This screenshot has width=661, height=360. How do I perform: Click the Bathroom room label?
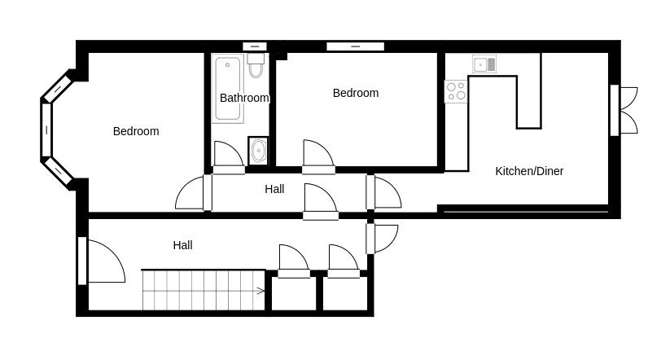pyautogui.click(x=244, y=98)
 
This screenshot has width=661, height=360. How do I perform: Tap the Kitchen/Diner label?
pyautogui.click(x=529, y=171)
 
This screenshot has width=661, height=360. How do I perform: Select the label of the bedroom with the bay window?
pyautogui.click(x=136, y=131)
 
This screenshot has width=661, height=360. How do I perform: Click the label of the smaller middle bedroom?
pyautogui.click(x=356, y=93)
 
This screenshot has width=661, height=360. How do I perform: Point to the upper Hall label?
pyautogui.click(x=274, y=189)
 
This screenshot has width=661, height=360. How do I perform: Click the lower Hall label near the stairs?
pyautogui.click(x=182, y=244)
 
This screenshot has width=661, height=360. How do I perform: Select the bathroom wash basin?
pyautogui.click(x=259, y=151)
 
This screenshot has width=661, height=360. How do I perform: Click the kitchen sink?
pyautogui.click(x=485, y=64)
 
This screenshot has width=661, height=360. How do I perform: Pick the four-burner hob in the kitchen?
pyautogui.click(x=456, y=91)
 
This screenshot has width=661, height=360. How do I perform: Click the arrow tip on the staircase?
pyautogui.click(x=263, y=291)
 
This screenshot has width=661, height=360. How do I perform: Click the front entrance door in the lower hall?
pyautogui.click(x=104, y=262)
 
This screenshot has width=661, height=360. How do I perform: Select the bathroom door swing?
pyautogui.click(x=226, y=155)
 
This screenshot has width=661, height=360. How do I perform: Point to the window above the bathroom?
pyautogui.click(x=255, y=46)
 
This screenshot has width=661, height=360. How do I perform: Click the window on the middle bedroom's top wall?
pyautogui.click(x=355, y=46)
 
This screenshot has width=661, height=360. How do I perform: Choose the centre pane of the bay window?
pyautogui.click(x=46, y=130)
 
